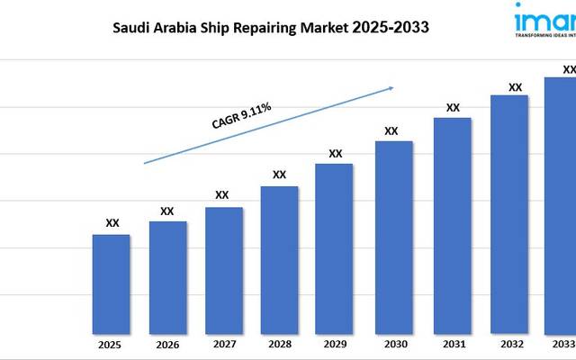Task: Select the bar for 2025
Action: coord(112,283)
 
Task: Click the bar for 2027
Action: coord(224,270)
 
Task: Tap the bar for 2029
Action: coord(334,248)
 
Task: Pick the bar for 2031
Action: coord(452,225)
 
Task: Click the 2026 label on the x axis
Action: coord(166,345)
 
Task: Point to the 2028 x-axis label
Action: coord(279,345)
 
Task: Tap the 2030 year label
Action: coord(393,345)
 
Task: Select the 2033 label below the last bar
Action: coord(562,345)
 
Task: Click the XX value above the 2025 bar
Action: coord(112,223)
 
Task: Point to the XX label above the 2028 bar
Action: coord(279,175)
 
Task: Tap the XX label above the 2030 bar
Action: coord(391,130)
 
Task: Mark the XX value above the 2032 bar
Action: coord(516,87)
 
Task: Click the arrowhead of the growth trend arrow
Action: coord(391,88)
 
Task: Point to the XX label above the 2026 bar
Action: coord(166,211)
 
